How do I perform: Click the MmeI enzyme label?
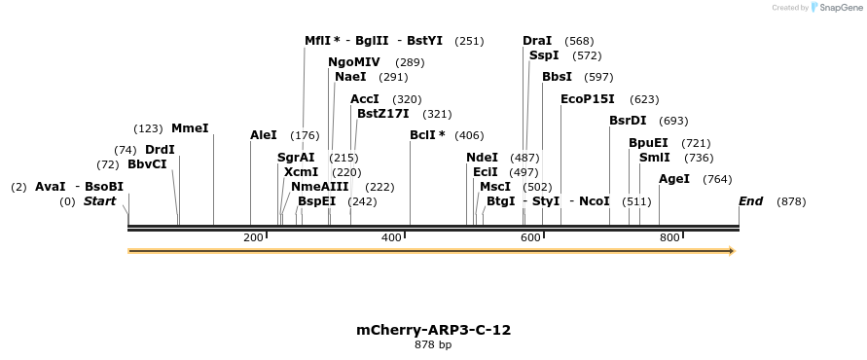tap(190, 128)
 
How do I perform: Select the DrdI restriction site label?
tap(160, 150)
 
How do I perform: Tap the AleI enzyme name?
tap(264, 135)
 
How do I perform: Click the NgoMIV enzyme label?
tap(354, 62)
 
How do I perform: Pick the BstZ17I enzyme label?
tap(383, 114)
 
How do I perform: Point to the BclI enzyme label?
tap(427, 135)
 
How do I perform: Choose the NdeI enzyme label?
tap(482, 158)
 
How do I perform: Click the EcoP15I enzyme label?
tap(588, 99)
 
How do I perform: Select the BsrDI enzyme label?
tap(628, 121)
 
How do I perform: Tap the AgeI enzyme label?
tap(674, 179)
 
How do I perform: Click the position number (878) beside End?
tap(791, 201)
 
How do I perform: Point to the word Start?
tap(99, 201)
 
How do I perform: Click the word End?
tap(750, 201)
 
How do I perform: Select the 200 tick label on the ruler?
tap(253, 237)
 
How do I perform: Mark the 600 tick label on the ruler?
tap(530, 237)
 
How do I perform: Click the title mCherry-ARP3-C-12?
tap(433, 330)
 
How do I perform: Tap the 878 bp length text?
tap(433, 344)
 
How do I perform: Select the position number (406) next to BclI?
tap(469, 135)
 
